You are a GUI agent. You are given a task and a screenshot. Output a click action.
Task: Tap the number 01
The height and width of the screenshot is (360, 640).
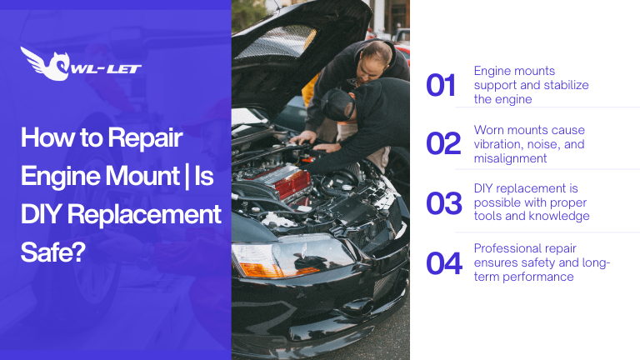coord(441,85)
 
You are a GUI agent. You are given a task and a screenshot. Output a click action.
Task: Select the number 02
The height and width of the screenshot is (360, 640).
coord(442,144)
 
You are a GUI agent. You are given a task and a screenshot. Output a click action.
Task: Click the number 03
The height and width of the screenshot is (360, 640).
coord(443,203)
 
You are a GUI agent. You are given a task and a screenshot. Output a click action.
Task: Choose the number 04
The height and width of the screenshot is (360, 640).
coord(443,263)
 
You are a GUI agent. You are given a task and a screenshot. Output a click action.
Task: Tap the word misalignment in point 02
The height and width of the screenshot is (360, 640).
coord(510,158)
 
